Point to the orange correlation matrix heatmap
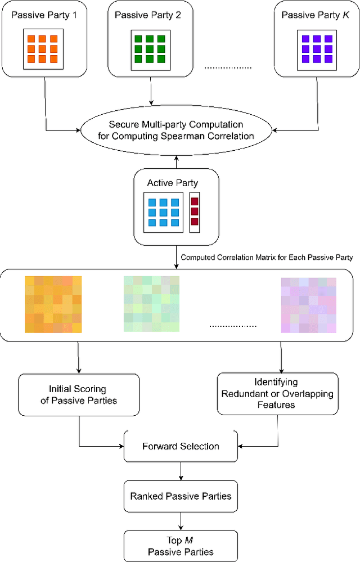pos(53,304)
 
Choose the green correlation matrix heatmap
pos(151,304)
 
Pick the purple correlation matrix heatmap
pos(308,304)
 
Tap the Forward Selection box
pos(181,446)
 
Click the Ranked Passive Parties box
pos(181,496)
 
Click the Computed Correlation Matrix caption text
pos(267,258)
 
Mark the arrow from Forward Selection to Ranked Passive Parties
pos(181,471)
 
